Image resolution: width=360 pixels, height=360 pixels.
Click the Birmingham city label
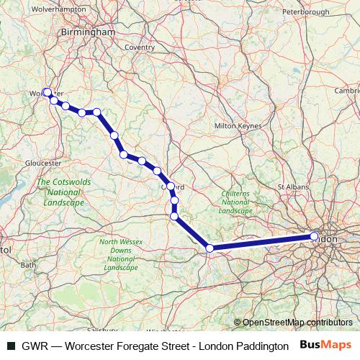tap(89, 32)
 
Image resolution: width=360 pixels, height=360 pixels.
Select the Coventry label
tap(140, 47)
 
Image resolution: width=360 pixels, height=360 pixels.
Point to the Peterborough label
tap(305, 12)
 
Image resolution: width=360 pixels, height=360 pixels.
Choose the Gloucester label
tap(42, 163)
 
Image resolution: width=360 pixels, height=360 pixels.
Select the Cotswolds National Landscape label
tap(63, 192)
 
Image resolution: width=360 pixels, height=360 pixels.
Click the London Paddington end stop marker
tap(315, 236)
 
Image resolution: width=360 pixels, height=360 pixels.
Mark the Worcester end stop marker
tap(47, 92)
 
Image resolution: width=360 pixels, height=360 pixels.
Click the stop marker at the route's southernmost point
tap(210, 248)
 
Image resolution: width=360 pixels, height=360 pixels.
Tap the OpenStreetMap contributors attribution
tap(297, 323)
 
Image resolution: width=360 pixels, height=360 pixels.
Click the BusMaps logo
tap(325, 345)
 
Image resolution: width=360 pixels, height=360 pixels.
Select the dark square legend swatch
tap(11, 346)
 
